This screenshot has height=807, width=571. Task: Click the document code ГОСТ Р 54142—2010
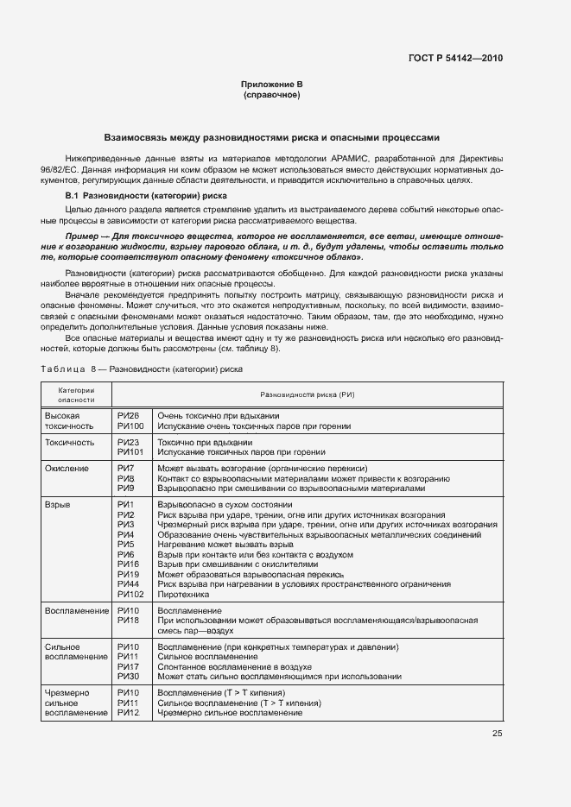pos(455,58)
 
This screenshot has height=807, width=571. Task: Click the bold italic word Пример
pos(81,236)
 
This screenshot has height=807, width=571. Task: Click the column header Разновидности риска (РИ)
pos(307,394)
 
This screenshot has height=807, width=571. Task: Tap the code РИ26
pos(128,416)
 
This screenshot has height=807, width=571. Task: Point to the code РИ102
pos(130,594)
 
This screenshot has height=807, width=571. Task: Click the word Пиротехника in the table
pos(183,594)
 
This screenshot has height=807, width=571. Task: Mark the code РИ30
pos(128,677)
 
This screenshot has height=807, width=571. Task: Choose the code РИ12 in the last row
pos(128,713)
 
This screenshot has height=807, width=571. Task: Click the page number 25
pos(498,734)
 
